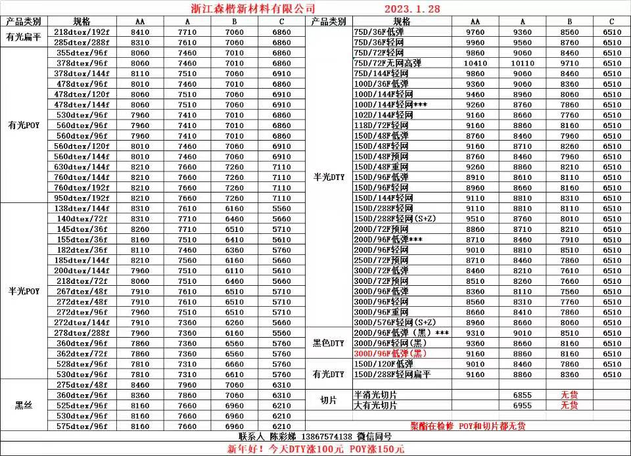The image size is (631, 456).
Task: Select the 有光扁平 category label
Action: click(24, 37)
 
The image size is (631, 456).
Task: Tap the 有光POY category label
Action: click(24, 125)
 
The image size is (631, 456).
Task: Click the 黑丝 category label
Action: click(24, 405)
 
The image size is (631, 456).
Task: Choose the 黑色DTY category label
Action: click(329, 343)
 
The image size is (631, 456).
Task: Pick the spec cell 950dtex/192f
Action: click(82, 198)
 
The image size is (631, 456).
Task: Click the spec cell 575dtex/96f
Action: click(82, 426)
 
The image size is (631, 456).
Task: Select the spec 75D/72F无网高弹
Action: click(388, 63)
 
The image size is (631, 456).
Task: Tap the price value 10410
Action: click(475, 63)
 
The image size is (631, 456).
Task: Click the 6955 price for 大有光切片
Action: click(523, 405)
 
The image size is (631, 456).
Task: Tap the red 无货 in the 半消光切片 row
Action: click(569, 395)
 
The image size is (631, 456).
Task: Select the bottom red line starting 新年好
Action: click(316, 449)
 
